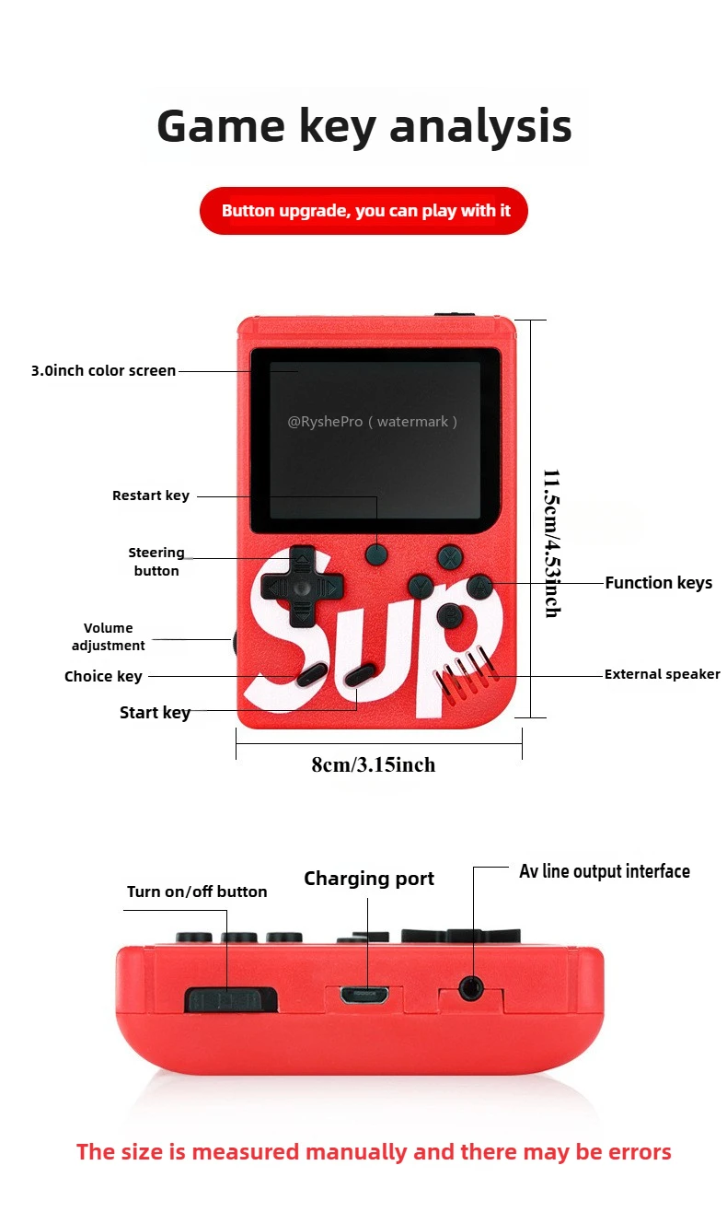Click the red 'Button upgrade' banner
[x=363, y=211]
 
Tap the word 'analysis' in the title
[x=480, y=126]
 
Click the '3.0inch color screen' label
[x=103, y=371]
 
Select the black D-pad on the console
[x=300, y=586]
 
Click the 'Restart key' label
[x=151, y=495]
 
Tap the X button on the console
[x=448, y=556]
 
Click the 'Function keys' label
[x=658, y=583]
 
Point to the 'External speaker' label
[x=662, y=674]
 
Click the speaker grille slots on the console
[x=460, y=678]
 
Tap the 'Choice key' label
[x=103, y=677]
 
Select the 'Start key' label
[x=155, y=712]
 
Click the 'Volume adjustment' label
[x=109, y=636]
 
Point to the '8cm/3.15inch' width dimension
[x=373, y=765]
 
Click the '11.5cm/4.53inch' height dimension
[x=551, y=543]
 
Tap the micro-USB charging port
[x=365, y=996]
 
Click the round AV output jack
[x=472, y=988]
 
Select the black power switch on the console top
[x=230, y=998]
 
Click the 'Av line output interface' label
[x=604, y=871]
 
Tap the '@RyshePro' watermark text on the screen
[x=325, y=422]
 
